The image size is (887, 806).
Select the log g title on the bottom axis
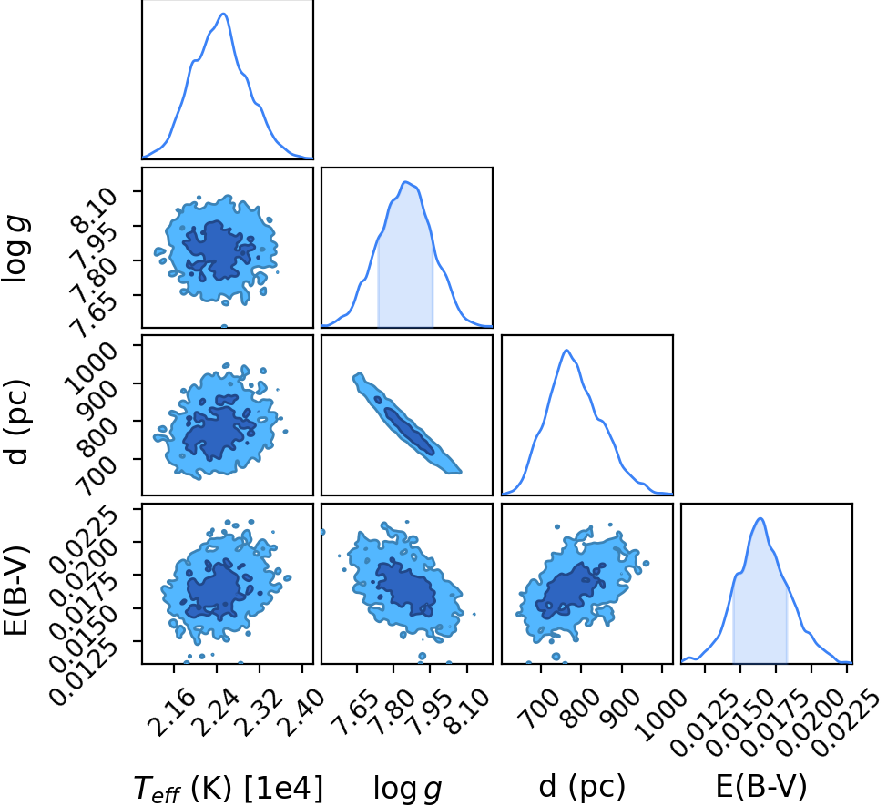[407, 789]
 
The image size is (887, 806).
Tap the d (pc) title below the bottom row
[582, 786]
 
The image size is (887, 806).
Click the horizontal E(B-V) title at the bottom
[760, 786]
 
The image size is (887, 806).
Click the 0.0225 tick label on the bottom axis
[849, 721]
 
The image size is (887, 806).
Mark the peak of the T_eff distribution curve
[223, 14]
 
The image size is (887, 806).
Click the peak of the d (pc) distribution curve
[566, 350]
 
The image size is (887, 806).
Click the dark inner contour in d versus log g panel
[409, 431]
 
